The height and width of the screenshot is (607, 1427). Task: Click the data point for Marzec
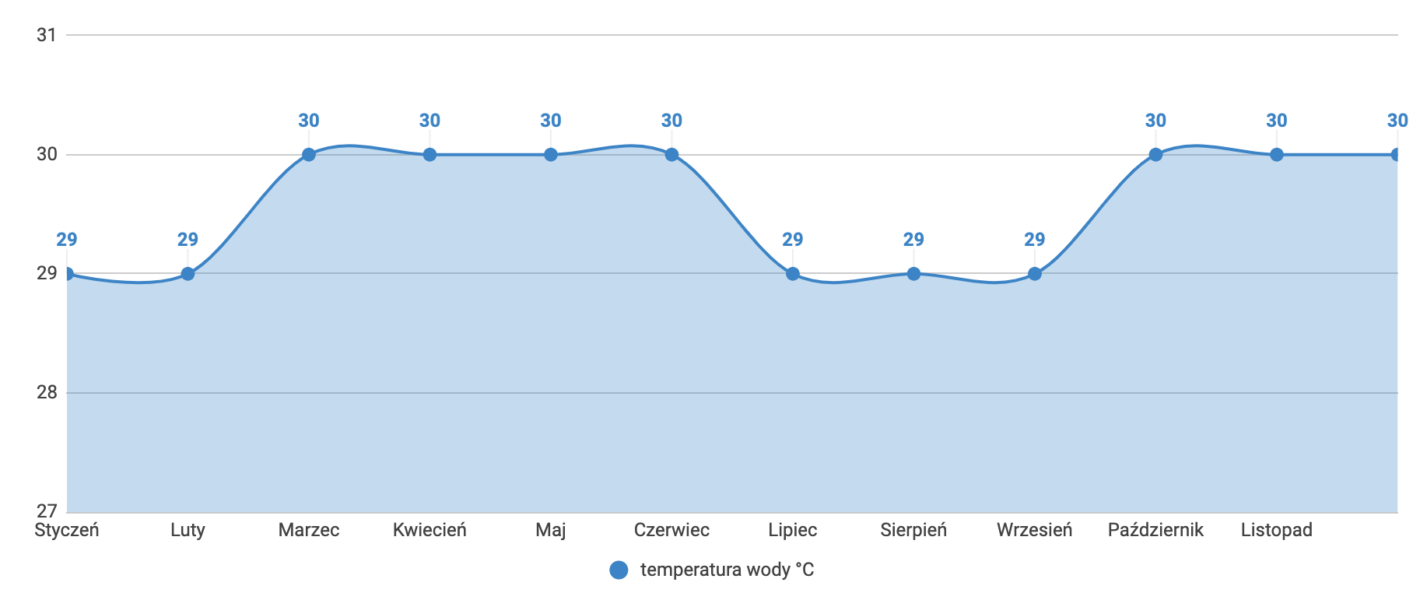point(309,155)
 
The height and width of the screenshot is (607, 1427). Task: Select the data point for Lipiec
point(793,274)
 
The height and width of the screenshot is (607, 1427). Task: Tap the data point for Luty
point(188,274)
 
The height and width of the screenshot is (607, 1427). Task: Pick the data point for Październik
point(1155,155)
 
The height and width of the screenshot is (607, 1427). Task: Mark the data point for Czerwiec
point(671,155)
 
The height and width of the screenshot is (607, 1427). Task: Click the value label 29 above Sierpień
point(913,240)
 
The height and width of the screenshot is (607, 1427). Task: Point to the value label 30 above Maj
point(551,121)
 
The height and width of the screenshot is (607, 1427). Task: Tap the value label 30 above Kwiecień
point(430,121)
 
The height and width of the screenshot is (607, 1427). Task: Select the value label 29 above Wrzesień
point(1035,240)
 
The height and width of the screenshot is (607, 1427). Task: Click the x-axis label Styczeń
point(67,531)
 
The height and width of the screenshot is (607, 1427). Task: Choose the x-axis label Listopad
point(1277,531)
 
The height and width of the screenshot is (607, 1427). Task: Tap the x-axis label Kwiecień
point(430,531)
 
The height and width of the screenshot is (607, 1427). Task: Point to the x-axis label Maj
point(551,531)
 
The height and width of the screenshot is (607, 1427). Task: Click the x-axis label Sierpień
point(913,531)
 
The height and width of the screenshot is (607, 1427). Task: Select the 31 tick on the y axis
point(47,35)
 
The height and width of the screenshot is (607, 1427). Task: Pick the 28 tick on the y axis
point(47,392)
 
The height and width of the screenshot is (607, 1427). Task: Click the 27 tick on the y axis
point(47,511)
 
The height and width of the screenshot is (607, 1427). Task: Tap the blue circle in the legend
point(619,570)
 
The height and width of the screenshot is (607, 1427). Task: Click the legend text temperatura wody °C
point(727,570)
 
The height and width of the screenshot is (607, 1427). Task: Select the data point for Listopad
point(1277,155)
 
